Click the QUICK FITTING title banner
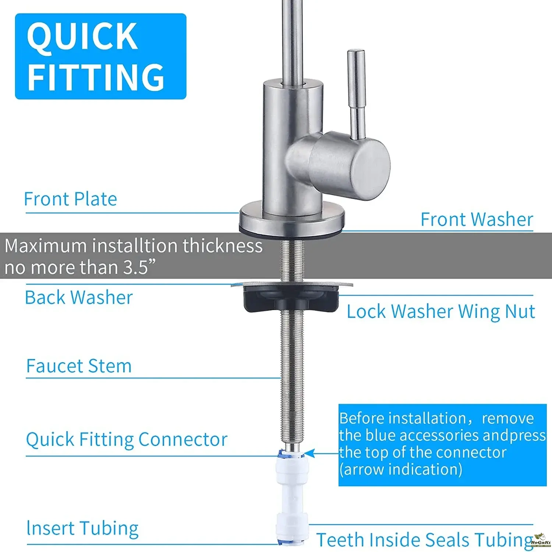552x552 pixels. click(100, 56)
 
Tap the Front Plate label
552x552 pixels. click(70, 199)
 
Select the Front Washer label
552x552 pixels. click(477, 219)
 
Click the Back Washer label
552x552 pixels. click(79, 297)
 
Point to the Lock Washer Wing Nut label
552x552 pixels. click(441, 312)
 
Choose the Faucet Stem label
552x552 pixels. click(79, 366)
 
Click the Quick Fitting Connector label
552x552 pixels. click(127, 439)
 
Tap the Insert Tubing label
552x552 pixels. click(82, 528)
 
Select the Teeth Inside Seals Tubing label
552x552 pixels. click(425, 540)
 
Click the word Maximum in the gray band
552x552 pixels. click(46, 245)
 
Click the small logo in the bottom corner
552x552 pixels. click(540, 541)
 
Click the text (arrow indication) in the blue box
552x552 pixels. click(401, 470)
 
